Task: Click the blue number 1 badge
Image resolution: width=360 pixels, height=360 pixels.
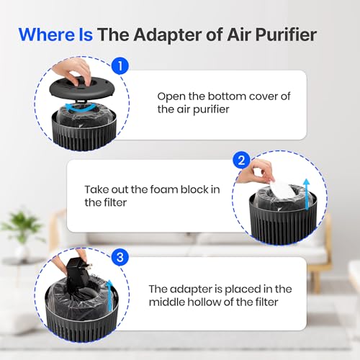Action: tap(120, 66)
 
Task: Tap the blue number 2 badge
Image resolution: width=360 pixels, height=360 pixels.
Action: tap(241, 161)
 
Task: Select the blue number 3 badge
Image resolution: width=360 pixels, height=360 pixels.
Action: tap(120, 257)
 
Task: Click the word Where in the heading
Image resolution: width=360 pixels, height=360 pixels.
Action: tap(47, 35)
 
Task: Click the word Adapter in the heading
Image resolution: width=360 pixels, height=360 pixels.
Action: tap(168, 35)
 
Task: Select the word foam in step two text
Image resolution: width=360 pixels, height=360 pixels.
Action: tap(164, 189)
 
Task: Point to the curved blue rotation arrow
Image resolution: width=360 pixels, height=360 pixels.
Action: tap(81, 108)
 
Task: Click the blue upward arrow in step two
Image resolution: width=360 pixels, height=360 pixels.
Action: tap(307, 194)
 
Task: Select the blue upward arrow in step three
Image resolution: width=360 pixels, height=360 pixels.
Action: tap(109, 294)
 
